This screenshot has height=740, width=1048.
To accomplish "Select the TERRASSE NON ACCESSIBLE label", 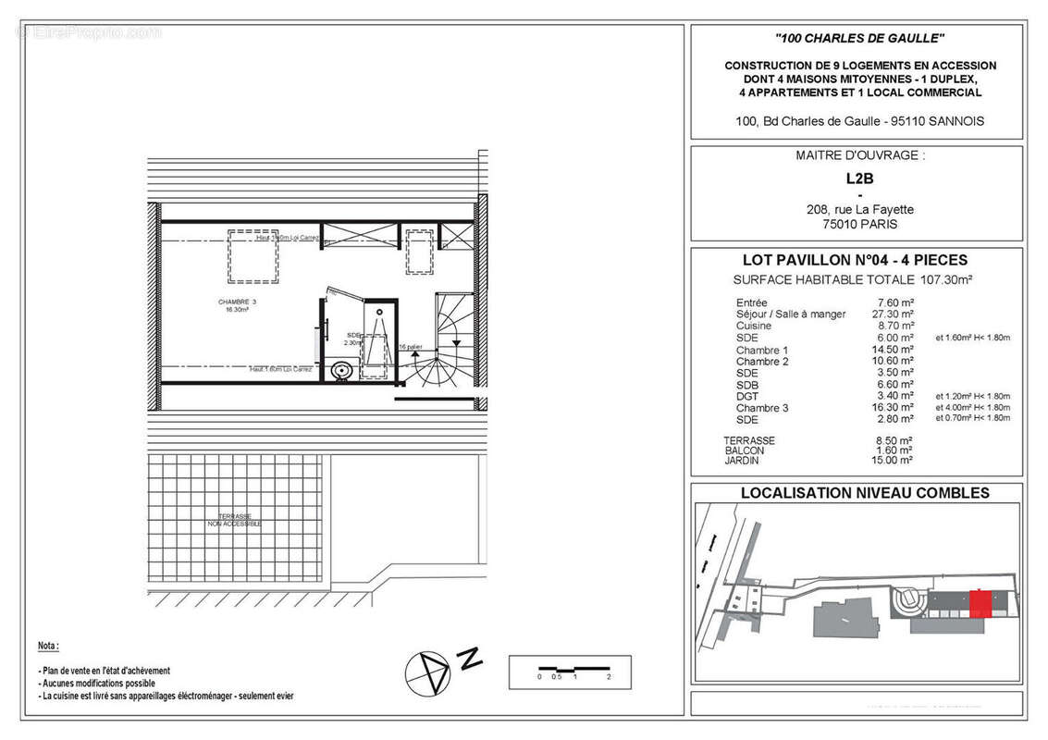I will (234, 521).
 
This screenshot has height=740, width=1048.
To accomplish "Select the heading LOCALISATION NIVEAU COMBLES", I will (864, 493).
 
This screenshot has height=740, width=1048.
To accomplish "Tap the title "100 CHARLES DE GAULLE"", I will (860, 38).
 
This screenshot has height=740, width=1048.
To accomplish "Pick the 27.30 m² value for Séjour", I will (895, 314).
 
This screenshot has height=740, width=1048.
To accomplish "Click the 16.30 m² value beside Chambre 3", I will (895, 408).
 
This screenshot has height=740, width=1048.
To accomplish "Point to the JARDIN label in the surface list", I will (745, 460).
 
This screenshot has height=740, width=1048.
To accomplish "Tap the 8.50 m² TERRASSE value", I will (895, 441).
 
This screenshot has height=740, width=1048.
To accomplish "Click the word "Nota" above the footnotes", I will (48, 645).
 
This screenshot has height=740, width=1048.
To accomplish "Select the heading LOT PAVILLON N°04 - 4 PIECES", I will (856, 261).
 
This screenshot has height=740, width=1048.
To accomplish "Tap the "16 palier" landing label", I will (410, 347).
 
